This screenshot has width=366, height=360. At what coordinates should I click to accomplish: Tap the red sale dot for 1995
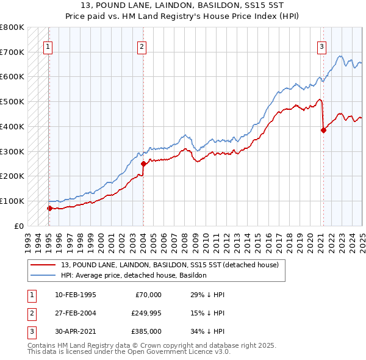click(49, 208)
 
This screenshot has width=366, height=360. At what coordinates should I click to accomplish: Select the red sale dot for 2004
click(143, 164)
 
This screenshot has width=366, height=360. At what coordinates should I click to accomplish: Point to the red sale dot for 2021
click(323, 130)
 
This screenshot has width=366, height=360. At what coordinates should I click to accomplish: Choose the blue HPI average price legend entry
click(134, 275)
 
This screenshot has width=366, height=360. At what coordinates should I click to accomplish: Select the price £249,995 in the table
click(146, 313)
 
